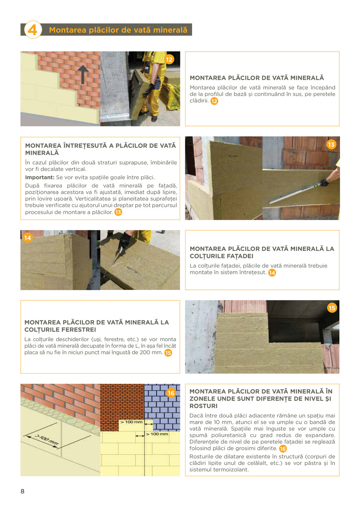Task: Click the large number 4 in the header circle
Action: (x=33, y=30)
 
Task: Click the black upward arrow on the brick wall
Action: (x=83, y=74)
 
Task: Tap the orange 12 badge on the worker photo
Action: (x=169, y=59)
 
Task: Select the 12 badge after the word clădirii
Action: (x=214, y=101)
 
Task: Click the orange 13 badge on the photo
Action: (x=331, y=145)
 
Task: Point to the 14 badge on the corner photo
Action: (x=27, y=238)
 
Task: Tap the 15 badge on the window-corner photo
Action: (x=332, y=308)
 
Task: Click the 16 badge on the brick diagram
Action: (x=171, y=393)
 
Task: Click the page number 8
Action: (x=22, y=491)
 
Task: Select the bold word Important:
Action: (x=38, y=177)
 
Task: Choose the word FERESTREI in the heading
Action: (x=73, y=330)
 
